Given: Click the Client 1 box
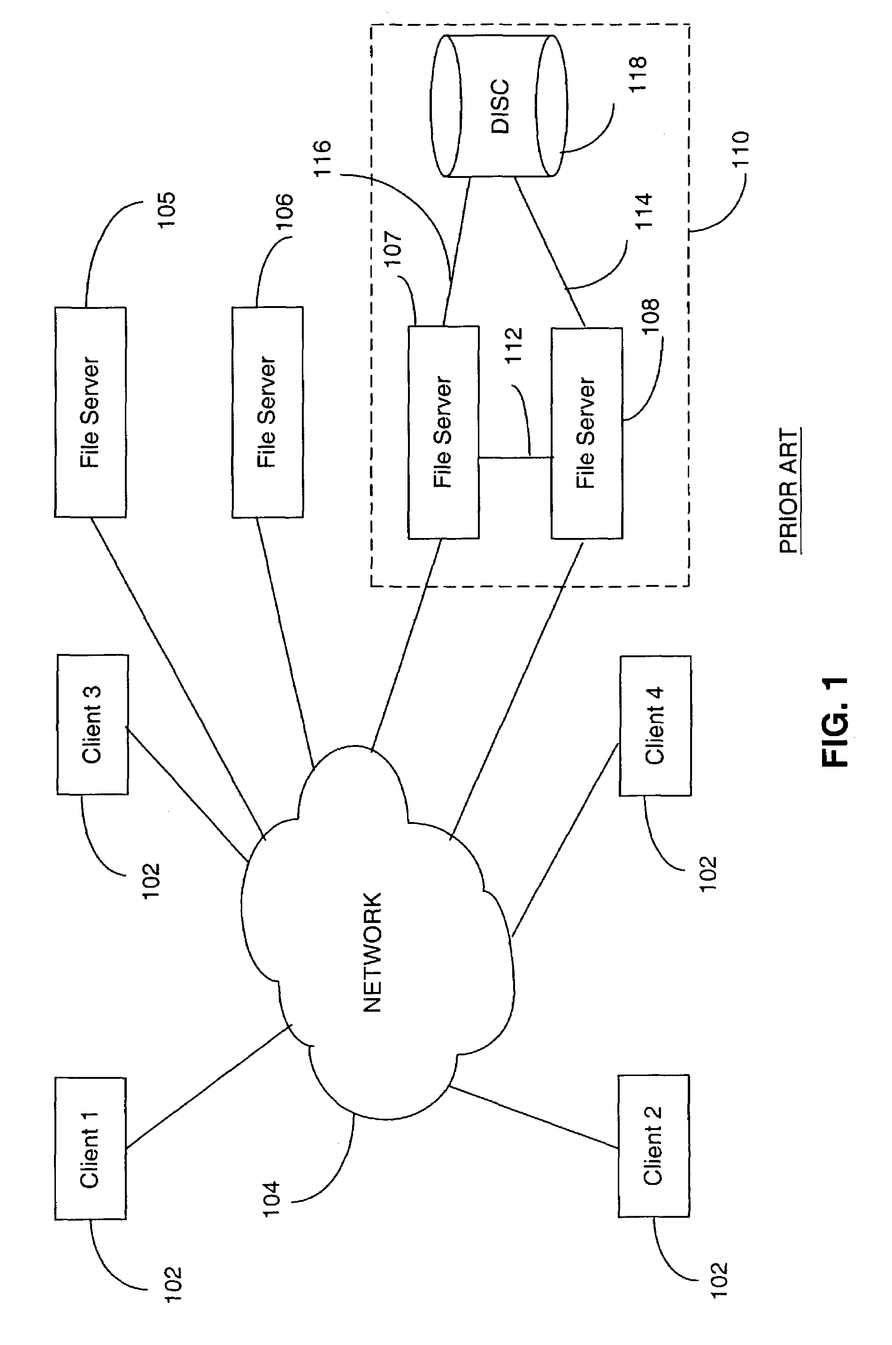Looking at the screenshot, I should [x=91, y=1149].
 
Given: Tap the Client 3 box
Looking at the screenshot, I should [x=92, y=724].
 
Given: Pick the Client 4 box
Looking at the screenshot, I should [x=655, y=726].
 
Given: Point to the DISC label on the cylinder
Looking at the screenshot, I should [x=500, y=107].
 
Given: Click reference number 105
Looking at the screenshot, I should [x=167, y=210].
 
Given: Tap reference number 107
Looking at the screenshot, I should [x=392, y=247].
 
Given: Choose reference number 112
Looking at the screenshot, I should [x=514, y=345].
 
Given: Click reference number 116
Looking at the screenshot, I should [x=322, y=158].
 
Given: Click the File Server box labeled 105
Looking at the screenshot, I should [x=91, y=412].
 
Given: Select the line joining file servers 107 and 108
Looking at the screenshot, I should [x=515, y=457].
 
